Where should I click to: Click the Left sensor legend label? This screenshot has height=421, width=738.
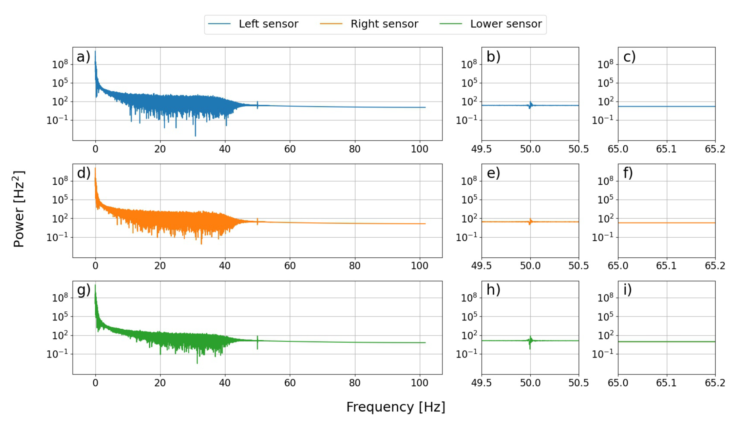[268, 24]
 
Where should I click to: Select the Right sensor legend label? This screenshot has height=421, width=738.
[384, 24]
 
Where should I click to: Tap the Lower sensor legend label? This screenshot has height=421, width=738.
[506, 24]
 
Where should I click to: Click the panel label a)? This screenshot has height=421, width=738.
[83, 57]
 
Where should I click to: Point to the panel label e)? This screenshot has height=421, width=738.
[493, 173]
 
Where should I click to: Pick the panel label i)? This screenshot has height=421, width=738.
[627, 290]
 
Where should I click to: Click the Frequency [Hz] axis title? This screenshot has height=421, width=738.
[395, 407]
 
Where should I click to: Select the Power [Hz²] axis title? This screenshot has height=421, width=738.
[19, 209]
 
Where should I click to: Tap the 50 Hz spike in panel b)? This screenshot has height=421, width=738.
[530, 105]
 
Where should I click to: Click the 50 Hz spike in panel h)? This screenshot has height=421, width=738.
[530, 341]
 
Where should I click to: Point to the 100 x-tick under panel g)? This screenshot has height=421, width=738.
[419, 383]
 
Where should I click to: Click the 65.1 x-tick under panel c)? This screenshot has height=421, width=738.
[666, 149]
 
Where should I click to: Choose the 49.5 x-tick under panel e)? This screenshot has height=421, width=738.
[481, 266]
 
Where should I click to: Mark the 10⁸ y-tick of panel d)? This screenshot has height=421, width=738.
[60, 181]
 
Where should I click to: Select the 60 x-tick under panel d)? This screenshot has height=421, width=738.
[290, 266]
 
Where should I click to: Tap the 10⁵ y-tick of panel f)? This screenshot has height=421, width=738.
[605, 200]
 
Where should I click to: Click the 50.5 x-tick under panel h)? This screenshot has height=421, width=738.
[579, 383]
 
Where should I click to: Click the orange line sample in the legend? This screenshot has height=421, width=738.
[331, 24]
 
